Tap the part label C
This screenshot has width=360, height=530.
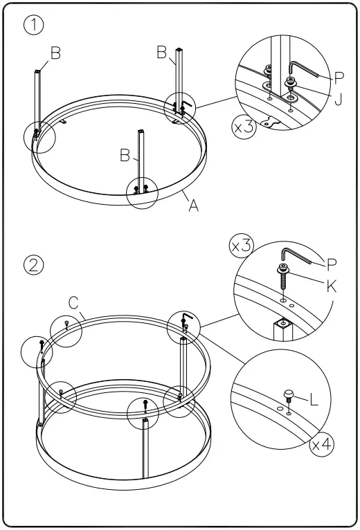click(x=73, y=302)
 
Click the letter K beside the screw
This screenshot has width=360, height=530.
click(x=331, y=286)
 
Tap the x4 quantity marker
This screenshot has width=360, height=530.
click(x=320, y=444)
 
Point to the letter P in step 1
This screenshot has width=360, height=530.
click(x=339, y=77)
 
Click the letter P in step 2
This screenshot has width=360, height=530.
click(x=331, y=263)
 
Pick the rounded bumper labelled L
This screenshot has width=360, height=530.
click(x=289, y=396)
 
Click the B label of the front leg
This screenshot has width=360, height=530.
click(x=125, y=156)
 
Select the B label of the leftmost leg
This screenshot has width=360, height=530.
click(x=55, y=54)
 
